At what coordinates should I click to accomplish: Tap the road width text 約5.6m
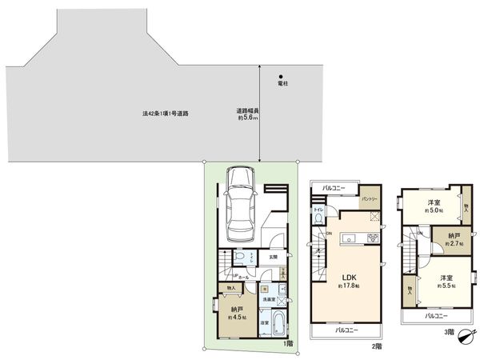pos(247,114)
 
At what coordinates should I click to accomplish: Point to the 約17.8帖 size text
pos(350,286)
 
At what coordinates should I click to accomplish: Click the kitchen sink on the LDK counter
pos(350,237)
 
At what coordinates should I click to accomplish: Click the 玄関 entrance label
pos(273,256)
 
